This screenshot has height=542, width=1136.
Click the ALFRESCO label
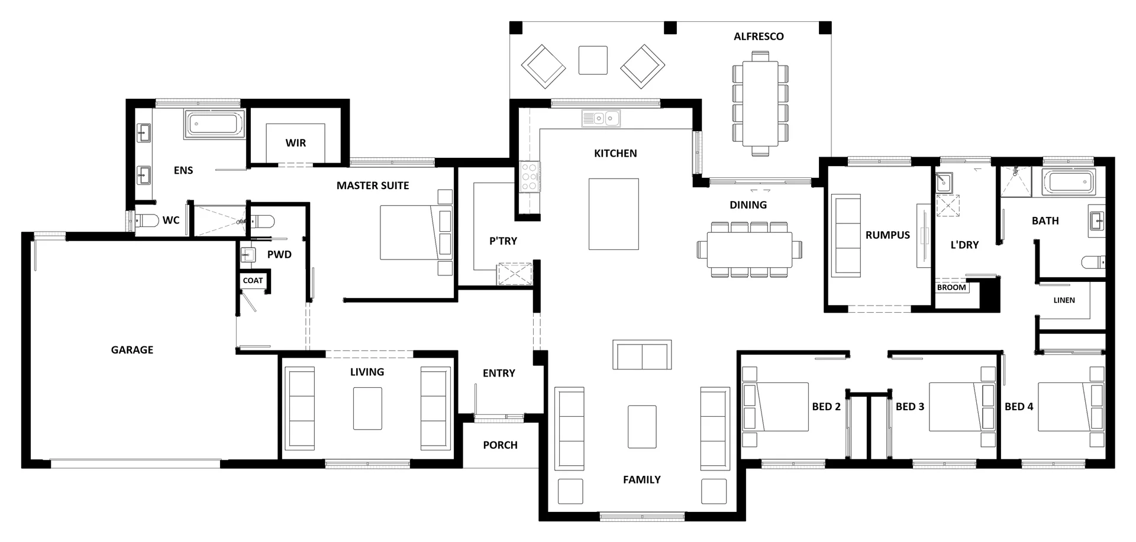pyautogui.click(x=759, y=37)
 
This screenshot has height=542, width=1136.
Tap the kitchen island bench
pyautogui.click(x=614, y=214)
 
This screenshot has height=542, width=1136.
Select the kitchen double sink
pyautogui.click(x=601, y=119)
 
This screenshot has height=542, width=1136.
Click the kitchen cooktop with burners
pyautogui.click(x=529, y=177)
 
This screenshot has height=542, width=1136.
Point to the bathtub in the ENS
pyautogui.click(x=214, y=125)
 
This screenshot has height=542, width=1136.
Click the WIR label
pyautogui.click(x=296, y=143)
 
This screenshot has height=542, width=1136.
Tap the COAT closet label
pyautogui.click(x=253, y=281)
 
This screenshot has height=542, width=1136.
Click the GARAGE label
pyautogui.click(x=132, y=350)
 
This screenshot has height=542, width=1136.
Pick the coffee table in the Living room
pyautogui.click(x=367, y=408)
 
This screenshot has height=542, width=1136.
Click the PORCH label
pyautogui.click(x=500, y=445)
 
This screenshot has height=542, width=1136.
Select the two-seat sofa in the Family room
pyautogui.click(x=642, y=355)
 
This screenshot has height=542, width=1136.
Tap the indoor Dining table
pyautogui.click(x=750, y=249)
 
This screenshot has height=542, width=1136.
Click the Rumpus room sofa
pyautogui.click(x=846, y=235)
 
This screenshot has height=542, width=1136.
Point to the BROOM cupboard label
pyautogui.click(x=951, y=288)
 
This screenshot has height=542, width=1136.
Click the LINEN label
pyautogui.click(x=1064, y=300)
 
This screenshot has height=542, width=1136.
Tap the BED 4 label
pyautogui.click(x=1019, y=407)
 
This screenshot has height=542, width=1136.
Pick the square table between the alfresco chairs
pyautogui.click(x=593, y=60)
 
